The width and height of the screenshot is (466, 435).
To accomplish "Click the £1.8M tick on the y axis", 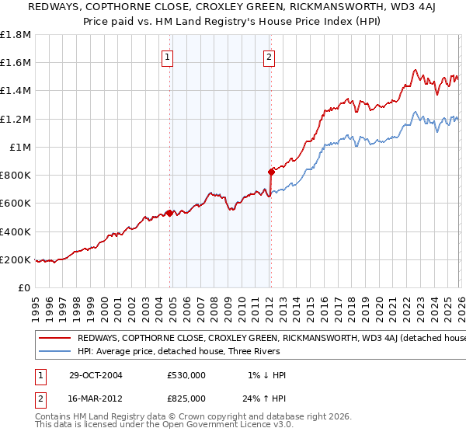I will (x=16, y=35).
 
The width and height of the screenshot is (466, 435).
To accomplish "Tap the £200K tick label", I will (x=16, y=259).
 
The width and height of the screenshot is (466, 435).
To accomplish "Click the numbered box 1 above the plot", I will (x=168, y=56).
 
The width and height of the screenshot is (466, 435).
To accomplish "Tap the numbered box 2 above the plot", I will (x=269, y=56).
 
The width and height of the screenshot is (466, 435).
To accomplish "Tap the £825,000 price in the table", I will (x=186, y=398).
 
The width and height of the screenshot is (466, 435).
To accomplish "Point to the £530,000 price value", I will (x=186, y=375).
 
